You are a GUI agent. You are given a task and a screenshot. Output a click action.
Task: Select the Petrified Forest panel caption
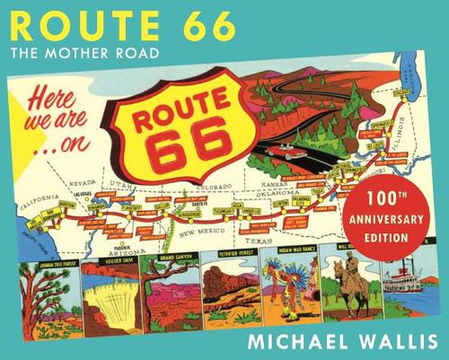pyautogui.click(x=229, y=257)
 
